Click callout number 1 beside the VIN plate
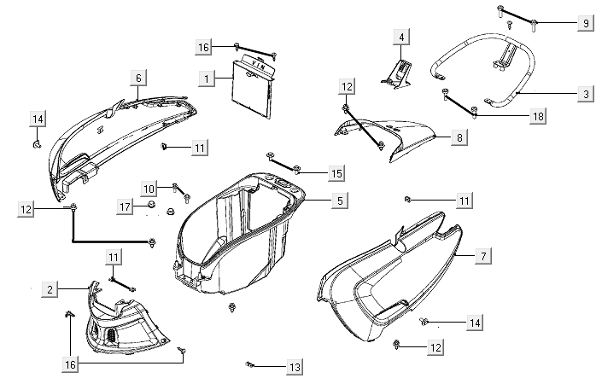click(206, 78)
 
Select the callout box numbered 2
click(50, 290)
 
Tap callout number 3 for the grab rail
click(584, 93)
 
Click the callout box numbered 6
click(137, 78)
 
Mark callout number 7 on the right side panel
click(483, 255)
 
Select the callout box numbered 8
click(459, 137)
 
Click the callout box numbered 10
click(149, 188)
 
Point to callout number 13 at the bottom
click(294, 368)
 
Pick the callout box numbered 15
click(336, 173)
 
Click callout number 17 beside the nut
click(125, 206)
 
